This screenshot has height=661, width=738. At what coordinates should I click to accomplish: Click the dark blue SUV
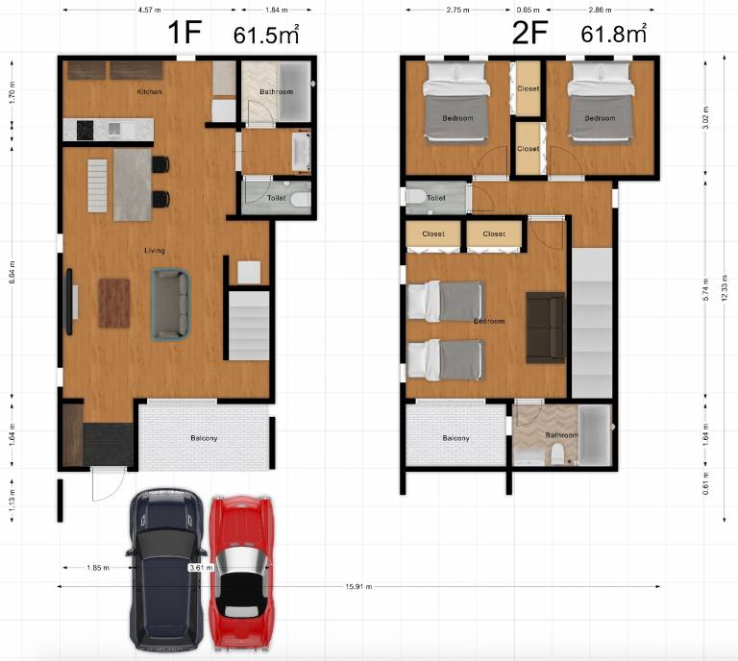pyautogui.click(x=167, y=567)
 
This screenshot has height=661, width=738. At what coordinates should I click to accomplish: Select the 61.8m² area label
pyautogui.click(x=613, y=36)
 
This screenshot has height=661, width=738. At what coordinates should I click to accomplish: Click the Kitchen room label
pyautogui.click(x=149, y=92)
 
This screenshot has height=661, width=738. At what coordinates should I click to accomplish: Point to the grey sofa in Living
pyautogui.click(x=170, y=304)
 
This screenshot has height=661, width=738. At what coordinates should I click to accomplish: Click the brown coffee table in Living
pyautogui.click(x=113, y=303)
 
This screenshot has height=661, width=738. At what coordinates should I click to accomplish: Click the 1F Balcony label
pyautogui.click(x=203, y=438)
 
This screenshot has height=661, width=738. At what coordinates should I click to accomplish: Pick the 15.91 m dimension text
pyautogui.click(x=359, y=586)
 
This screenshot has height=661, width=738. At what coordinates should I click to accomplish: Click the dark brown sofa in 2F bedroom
pyautogui.click(x=545, y=329)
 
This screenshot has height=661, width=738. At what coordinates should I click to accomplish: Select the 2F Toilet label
pyautogui.click(x=436, y=198)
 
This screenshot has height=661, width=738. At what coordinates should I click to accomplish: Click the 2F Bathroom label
pyautogui.click(x=562, y=435)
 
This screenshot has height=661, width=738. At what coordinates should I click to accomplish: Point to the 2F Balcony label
pyautogui.click(x=455, y=438)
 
